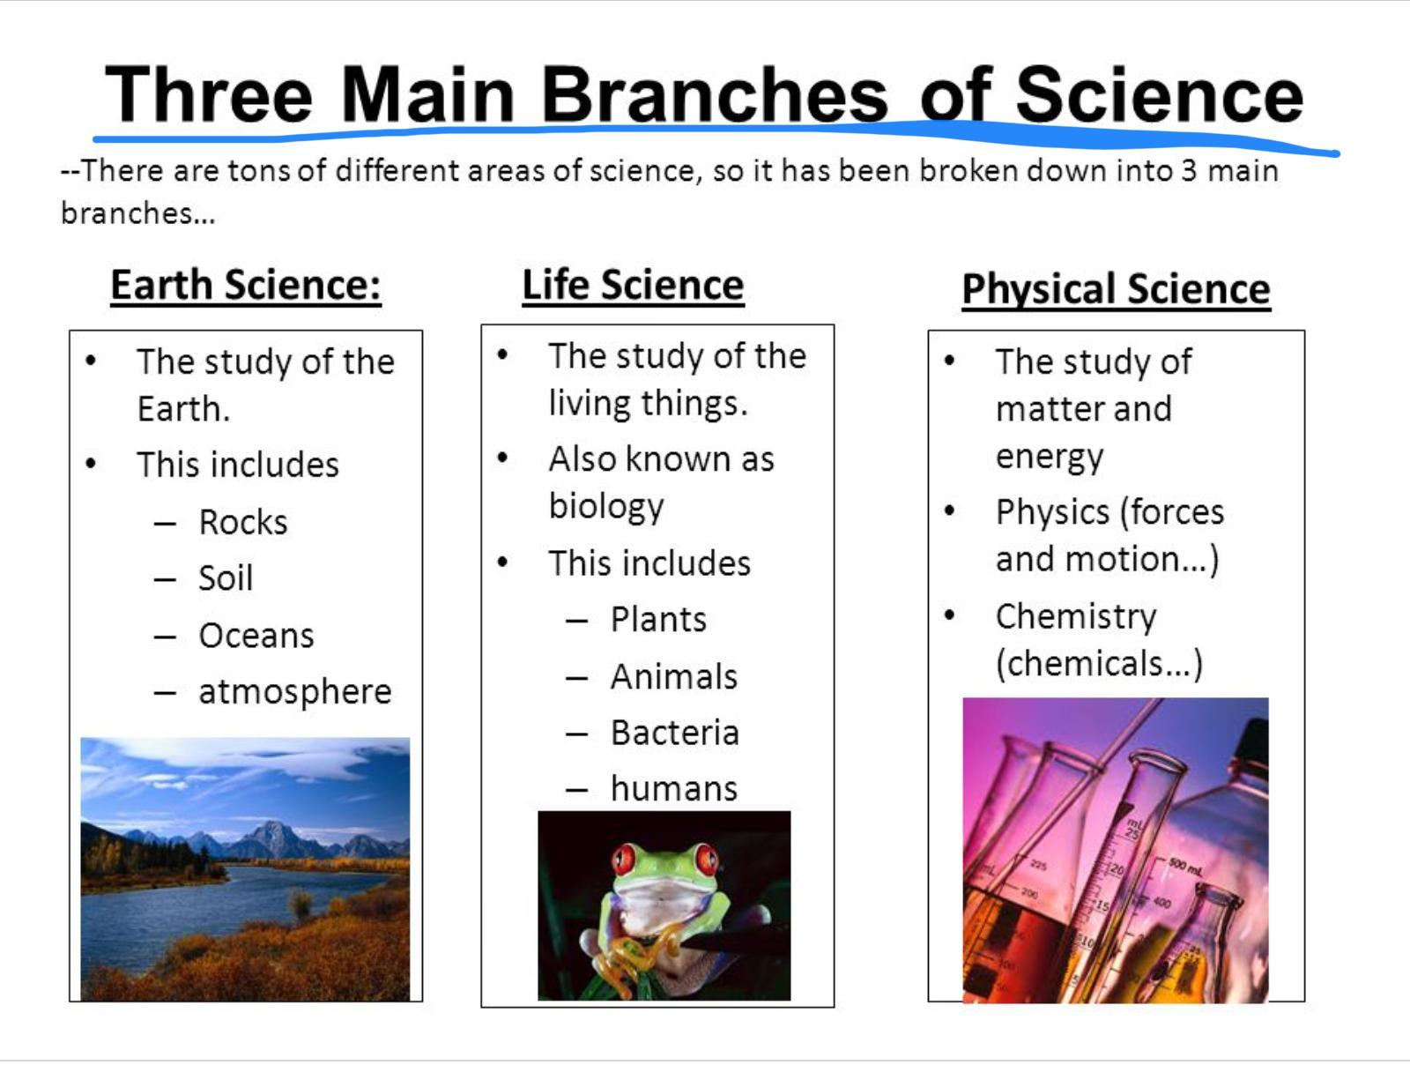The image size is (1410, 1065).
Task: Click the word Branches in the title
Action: tap(715, 94)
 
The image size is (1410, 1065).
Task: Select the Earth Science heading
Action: tap(246, 285)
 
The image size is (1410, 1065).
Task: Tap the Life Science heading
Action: tap(633, 285)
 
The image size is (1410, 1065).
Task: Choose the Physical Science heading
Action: tap(1116, 289)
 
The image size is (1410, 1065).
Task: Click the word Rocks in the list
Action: tap(243, 522)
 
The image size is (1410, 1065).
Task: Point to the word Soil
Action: tap(226, 577)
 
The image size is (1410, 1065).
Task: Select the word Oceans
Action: tap(256, 636)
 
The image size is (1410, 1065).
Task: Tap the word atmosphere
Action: tap(295, 692)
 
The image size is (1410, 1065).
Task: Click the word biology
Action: tap(605, 507)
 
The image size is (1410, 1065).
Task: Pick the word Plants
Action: tap(658, 619)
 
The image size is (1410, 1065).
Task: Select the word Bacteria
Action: tap(674, 733)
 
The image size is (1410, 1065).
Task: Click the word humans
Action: tap(674, 789)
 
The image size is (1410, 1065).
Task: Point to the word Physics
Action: tap(1052, 512)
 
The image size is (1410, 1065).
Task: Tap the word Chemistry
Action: tap(1076, 617)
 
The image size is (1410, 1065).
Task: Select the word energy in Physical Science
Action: tap(1049, 458)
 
